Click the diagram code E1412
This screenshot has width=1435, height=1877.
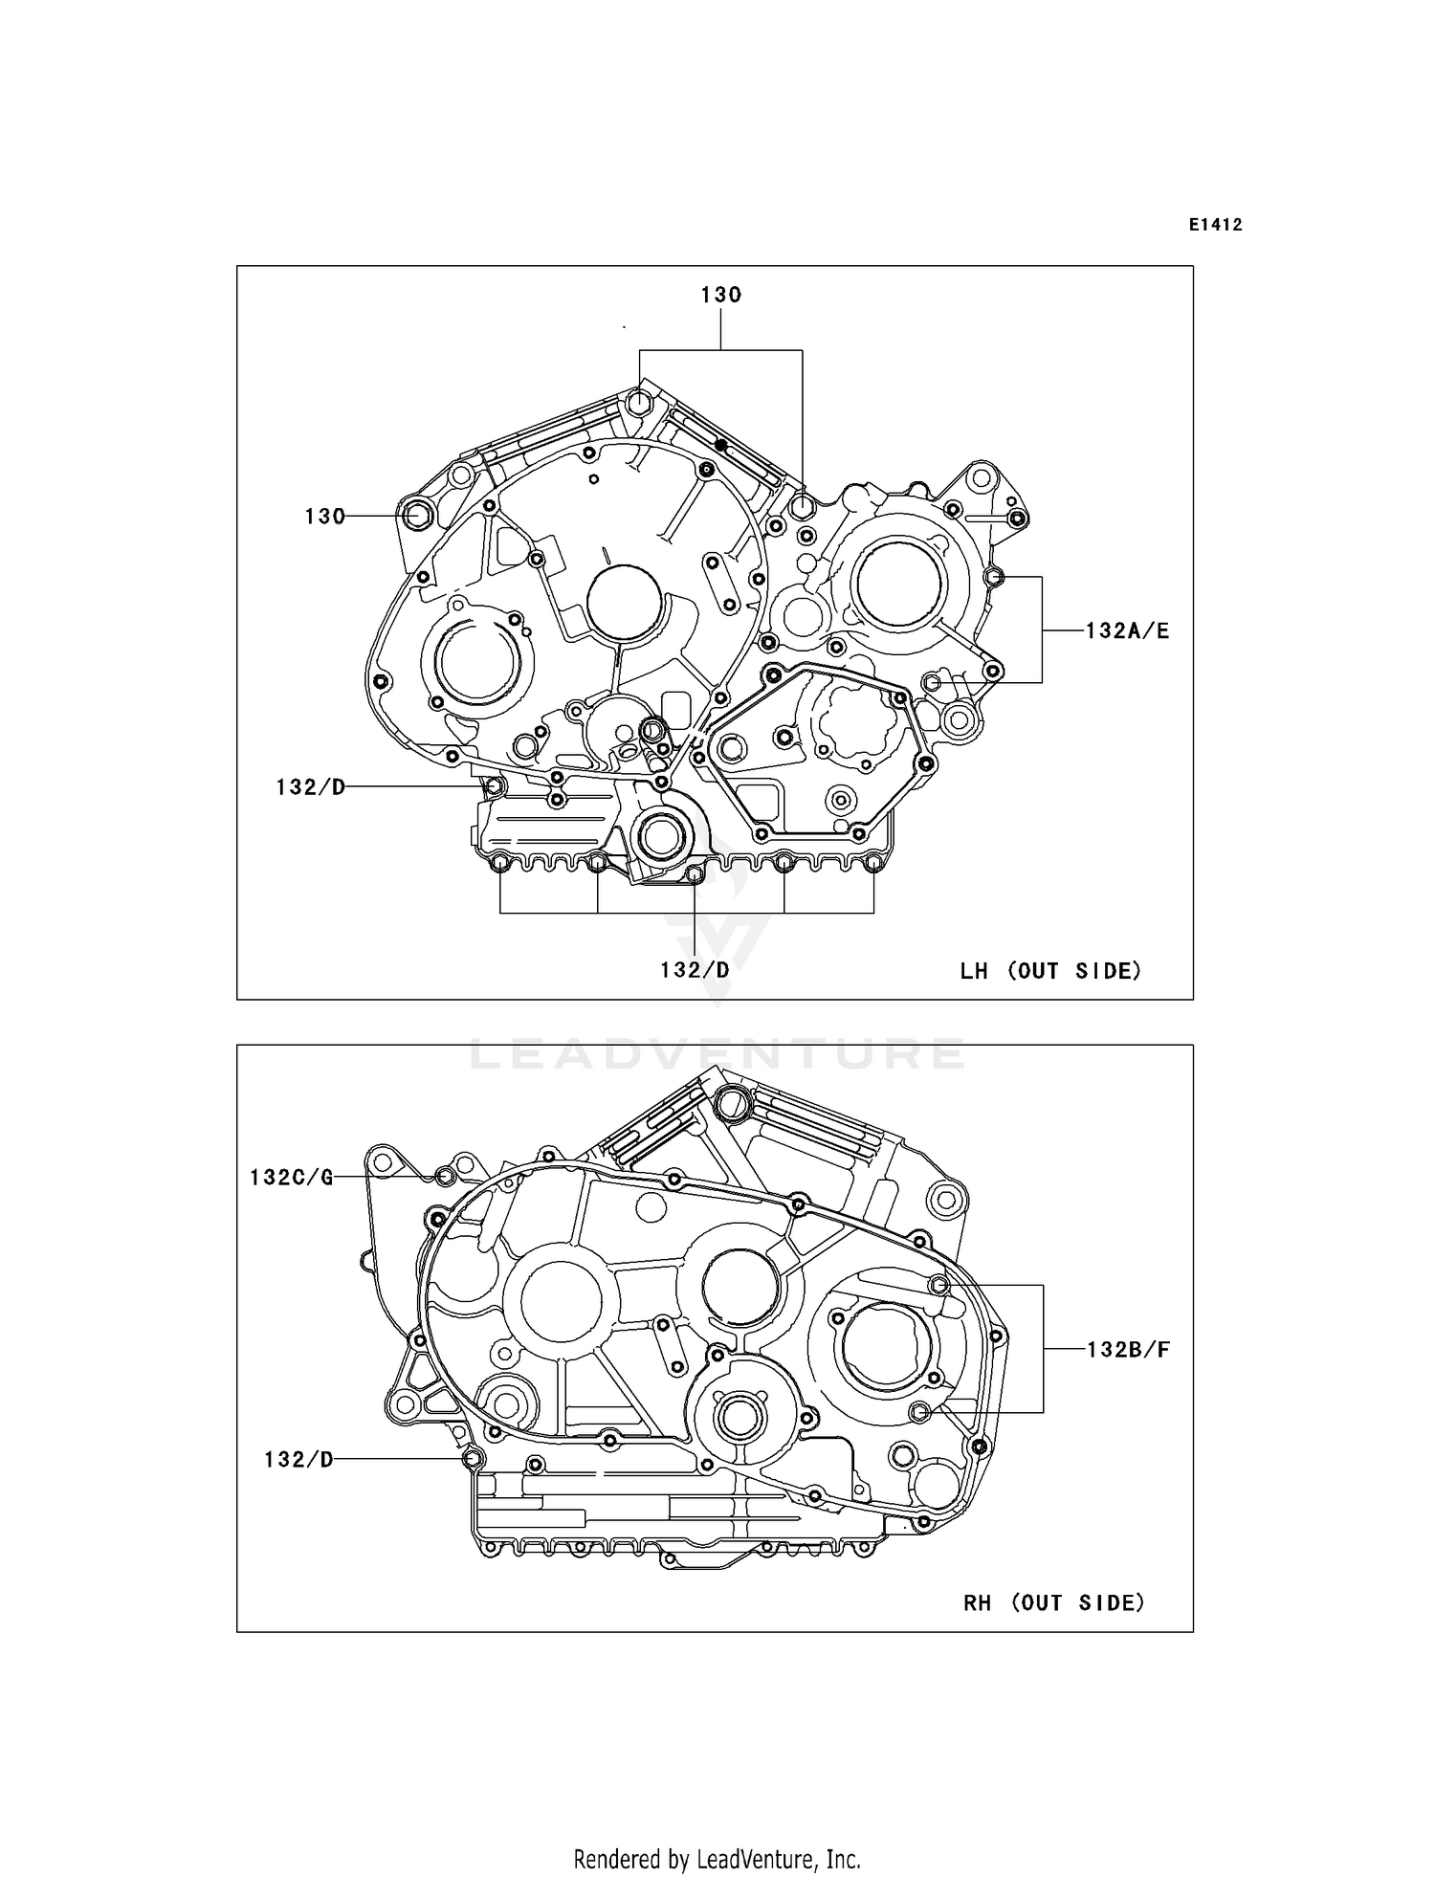click(x=1215, y=226)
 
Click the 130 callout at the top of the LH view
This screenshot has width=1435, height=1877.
click(x=720, y=296)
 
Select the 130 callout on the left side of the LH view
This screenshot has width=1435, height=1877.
click(x=324, y=517)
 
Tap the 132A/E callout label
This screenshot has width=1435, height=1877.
click(x=1127, y=631)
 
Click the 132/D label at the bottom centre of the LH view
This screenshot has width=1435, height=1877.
click(x=695, y=970)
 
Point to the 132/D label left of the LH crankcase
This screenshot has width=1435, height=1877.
click(x=310, y=787)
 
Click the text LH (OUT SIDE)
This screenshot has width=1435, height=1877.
click(x=1050, y=971)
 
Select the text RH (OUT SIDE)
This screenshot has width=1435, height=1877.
click(x=1053, y=1602)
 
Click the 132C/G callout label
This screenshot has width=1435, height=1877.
click(x=292, y=1178)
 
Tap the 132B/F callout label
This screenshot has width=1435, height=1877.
click(x=1128, y=1350)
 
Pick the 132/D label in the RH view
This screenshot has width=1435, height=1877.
click(x=298, y=1459)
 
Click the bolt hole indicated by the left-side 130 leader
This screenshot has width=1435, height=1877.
click(x=417, y=515)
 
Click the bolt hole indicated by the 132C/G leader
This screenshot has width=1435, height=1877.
click(x=445, y=1176)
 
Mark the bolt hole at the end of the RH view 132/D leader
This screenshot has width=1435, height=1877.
click(x=471, y=1458)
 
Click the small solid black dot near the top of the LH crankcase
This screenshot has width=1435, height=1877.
click(x=721, y=446)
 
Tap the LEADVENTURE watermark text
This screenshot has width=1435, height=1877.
click(x=717, y=1054)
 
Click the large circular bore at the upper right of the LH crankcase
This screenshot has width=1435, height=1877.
click(x=900, y=581)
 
